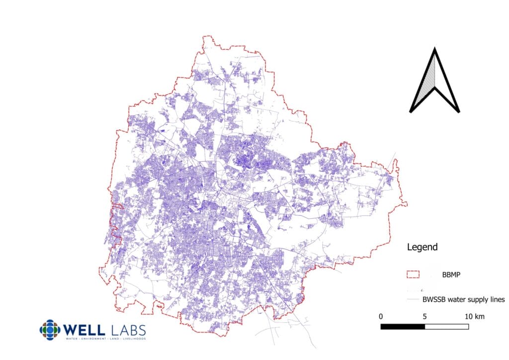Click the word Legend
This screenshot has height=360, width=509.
pos(422,247)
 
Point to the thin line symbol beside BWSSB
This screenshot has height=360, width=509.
pos(413,299)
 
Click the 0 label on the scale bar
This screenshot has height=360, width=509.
pos(381,316)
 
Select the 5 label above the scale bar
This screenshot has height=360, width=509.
pos(425,316)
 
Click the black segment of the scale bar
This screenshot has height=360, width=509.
pos(403,327)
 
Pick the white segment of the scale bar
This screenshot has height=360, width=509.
pos(446,327)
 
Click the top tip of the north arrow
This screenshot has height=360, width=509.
pos(434,49)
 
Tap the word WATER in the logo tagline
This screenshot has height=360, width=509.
pos(72,339)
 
